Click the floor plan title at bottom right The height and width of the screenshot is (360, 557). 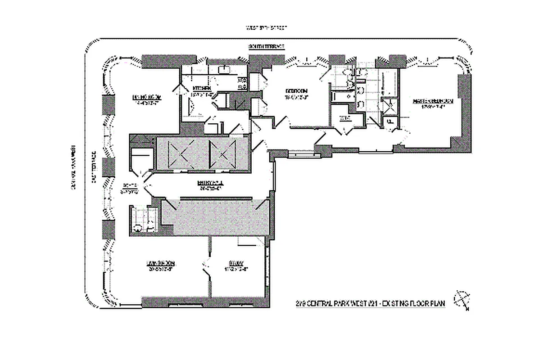tap(368, 304)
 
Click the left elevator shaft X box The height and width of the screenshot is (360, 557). tap(181, 153)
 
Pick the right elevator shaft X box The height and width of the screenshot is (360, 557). tap(222, 153)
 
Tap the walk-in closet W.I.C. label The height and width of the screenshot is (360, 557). tap(345, 118)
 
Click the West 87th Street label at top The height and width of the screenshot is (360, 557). tap(266, 27)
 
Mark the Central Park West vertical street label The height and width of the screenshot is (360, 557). tap(72, 169)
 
